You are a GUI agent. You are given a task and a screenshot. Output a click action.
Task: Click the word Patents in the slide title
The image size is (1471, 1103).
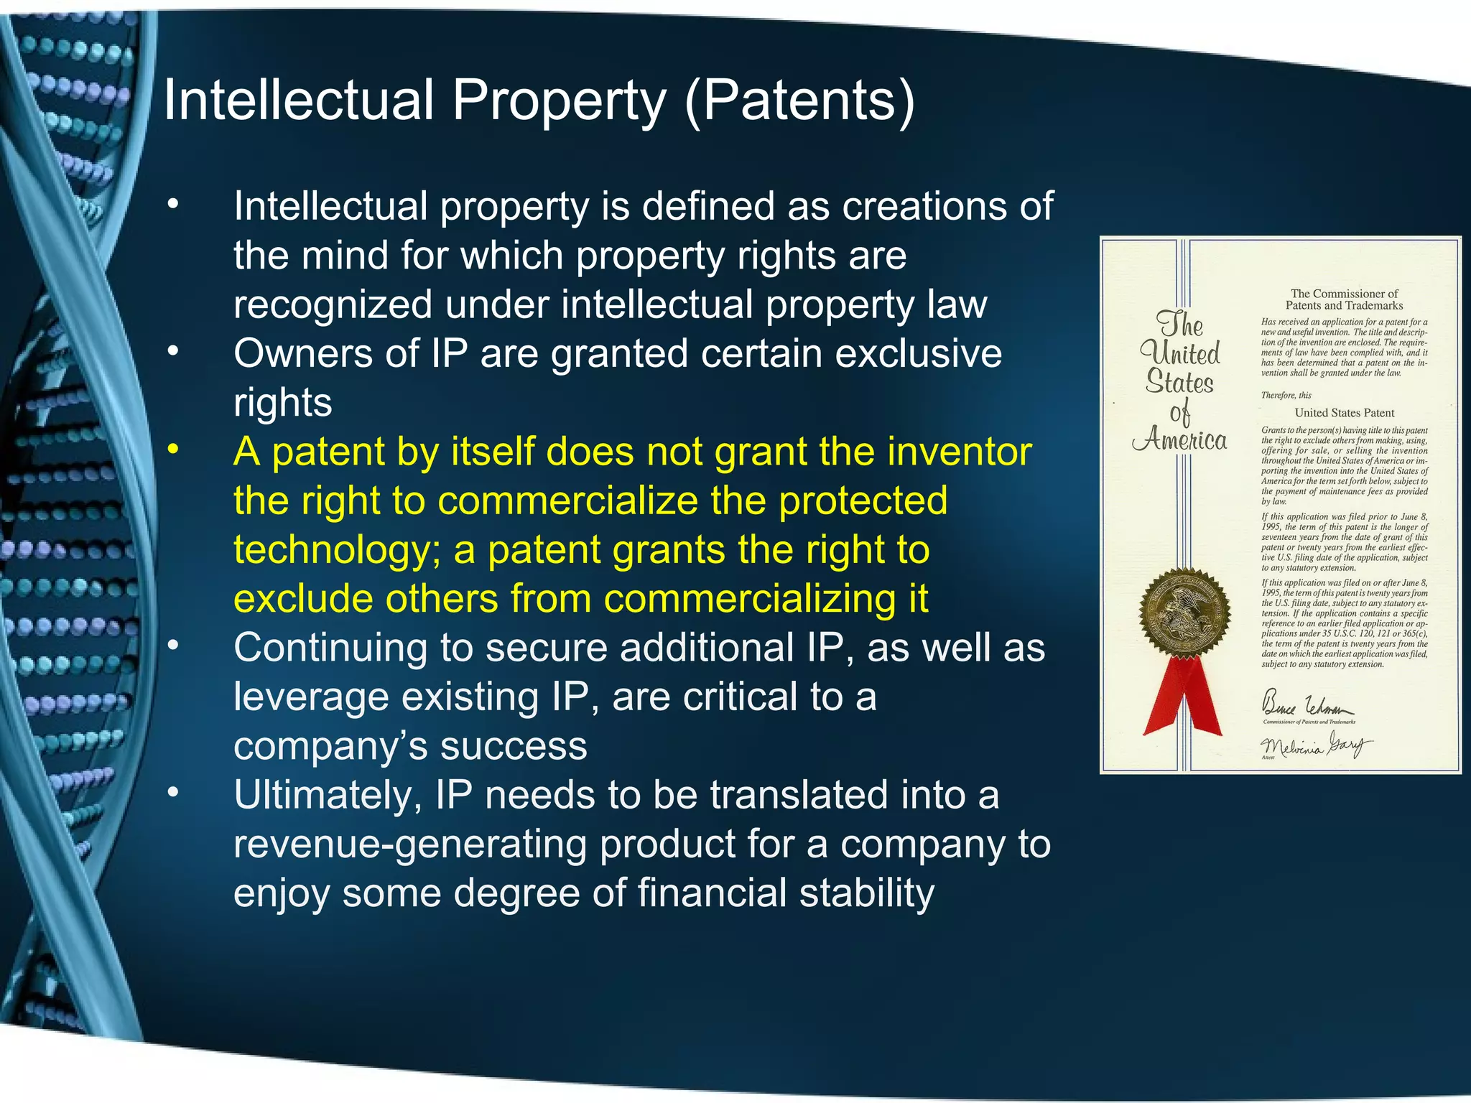[x=800, y=101]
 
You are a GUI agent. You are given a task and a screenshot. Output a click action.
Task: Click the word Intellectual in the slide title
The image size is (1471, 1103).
[x=299, y=101]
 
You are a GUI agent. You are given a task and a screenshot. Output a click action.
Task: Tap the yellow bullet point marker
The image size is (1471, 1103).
[x=172, y=450]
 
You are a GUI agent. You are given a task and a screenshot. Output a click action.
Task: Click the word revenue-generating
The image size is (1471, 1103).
[x=411, y=844]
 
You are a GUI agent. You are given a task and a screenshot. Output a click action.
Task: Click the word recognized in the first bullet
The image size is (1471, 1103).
[x=333, y=305]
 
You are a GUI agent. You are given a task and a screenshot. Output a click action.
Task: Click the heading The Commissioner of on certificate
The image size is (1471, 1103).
[x=1344, y=294]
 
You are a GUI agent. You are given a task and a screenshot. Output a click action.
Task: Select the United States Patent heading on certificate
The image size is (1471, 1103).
[x=1344, y=413]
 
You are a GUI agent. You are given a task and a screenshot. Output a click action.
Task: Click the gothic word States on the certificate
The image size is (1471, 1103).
[x=1179, y=382]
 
